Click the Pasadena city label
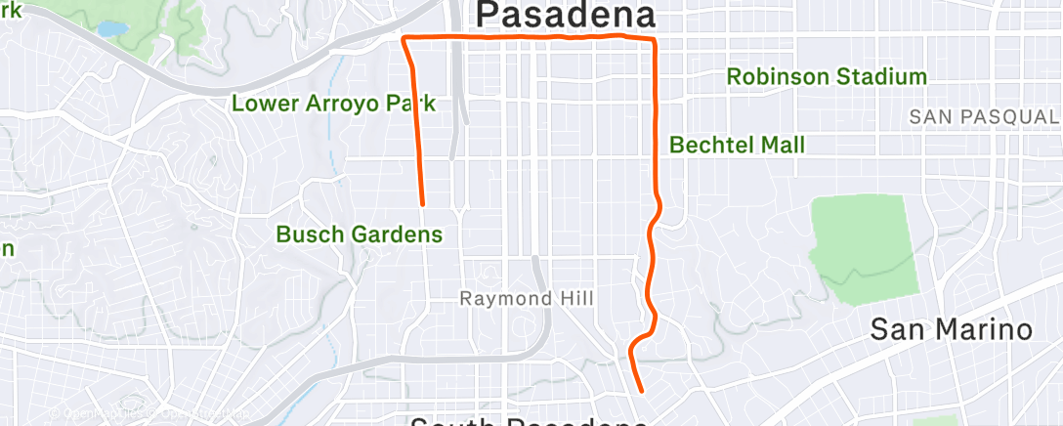[565, 15]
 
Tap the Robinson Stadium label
[827, 76]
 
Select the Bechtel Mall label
[737, 145]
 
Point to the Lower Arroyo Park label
[333, 103]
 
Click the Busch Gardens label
[359, 234]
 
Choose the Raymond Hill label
[527, 299]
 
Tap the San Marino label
[951, 329]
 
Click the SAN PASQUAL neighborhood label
[984, 116]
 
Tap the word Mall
[785, 145]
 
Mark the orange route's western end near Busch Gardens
[422, 204]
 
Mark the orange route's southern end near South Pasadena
[642, 391]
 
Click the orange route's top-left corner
[405, 38]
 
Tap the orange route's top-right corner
[654, 40]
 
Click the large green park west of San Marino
[866, 245]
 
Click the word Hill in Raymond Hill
[574, 299]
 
